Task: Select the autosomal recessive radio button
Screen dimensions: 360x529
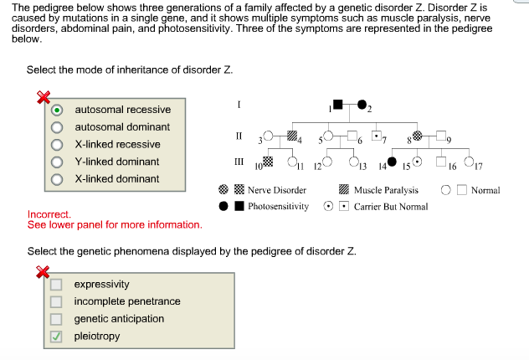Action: tap(57, 110)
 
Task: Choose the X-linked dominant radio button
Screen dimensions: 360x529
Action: tap(57, 179)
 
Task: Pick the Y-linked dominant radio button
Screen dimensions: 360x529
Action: tap(57, 162)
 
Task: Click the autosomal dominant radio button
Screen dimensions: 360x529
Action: tap(57, 127)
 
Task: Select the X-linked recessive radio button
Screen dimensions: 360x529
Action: tap(57, 145)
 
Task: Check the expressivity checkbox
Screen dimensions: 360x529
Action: tap(56, 285)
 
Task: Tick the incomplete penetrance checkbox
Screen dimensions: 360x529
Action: tap(56, 302)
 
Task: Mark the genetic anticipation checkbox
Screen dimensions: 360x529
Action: tap(56, 319)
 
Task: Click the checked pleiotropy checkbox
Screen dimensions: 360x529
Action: tap(56, 337)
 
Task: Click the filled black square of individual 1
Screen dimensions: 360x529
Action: tap(337, 105)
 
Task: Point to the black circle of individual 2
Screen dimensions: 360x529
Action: tap(362, 105)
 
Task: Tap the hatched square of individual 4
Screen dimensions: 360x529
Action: tap(291, 135)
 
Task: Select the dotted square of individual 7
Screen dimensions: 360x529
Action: tap(377, 135)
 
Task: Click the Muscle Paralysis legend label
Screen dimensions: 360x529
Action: tap(386, 190)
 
